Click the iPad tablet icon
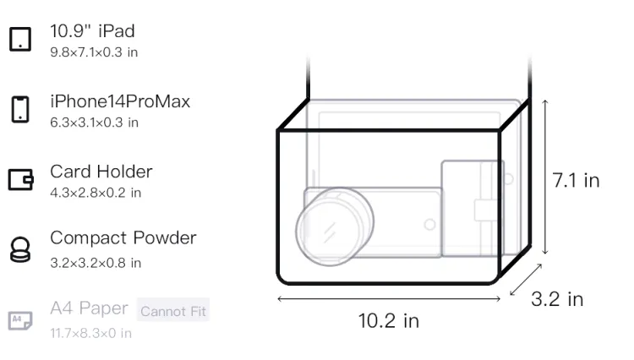tap(20, 39)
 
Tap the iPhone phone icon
tap(20, 109)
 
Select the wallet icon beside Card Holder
tap(20, 179)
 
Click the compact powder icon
tap(20, 249)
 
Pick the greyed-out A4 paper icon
tap(20, 320)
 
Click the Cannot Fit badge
tap(173, 311)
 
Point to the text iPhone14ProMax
tap(120, 101)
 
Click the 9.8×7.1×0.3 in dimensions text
tap(94, 52)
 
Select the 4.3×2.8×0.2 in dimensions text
tap(96, 193)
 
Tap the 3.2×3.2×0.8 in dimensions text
tap(96, 263)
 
